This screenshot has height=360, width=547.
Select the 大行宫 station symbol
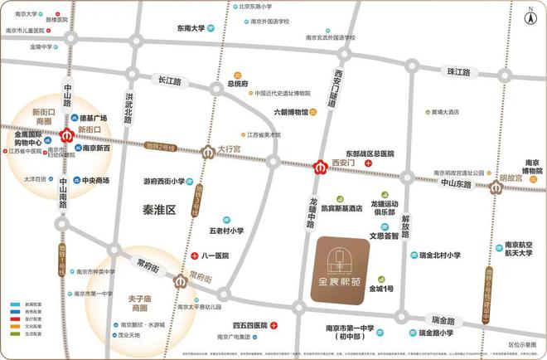(208, 152)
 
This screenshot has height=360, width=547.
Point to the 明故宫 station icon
(496, 187)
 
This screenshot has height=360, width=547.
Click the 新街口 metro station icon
(65, 134)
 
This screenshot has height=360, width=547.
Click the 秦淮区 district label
(160, 211)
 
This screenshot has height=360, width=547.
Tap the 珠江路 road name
(458, 72)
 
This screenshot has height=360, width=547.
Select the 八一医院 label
(215, 257)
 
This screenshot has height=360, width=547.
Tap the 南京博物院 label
(533, 166)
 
